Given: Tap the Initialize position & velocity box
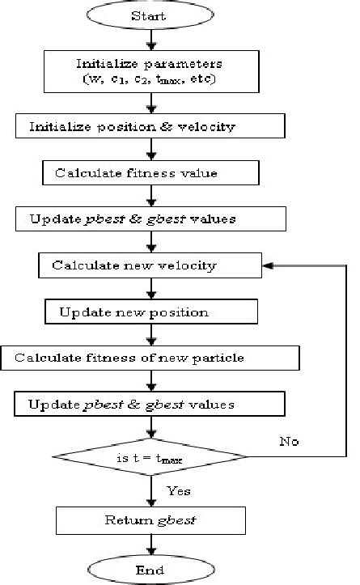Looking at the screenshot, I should tap(150, 127).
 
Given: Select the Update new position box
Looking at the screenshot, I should tap(150, 312).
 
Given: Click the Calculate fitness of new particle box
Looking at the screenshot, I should tap(150, 358).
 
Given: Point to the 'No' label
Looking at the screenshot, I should tap(290, 442).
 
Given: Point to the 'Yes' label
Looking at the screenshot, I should tap(178, 490).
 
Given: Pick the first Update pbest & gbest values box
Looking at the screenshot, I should tap(150, 218).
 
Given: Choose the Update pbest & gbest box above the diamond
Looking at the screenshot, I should tap(150, 404).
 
